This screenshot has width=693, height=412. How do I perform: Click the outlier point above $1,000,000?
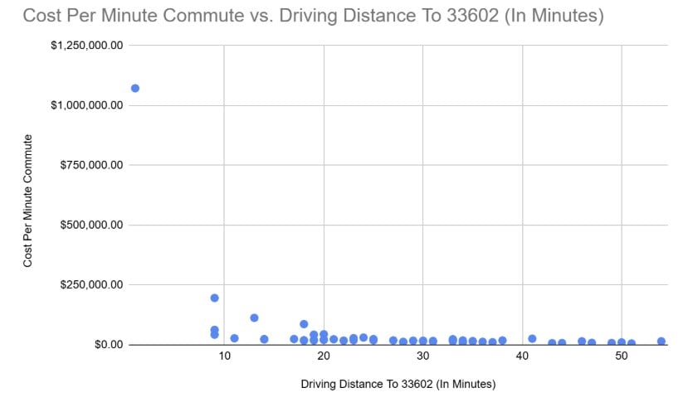click(x=135, y=88)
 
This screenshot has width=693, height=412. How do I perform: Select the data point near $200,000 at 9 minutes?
click(x=214, y=298)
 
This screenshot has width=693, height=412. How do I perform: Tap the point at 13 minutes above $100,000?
click(x=254, y=317)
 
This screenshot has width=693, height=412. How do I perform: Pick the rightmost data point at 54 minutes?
click(x=661, y=341)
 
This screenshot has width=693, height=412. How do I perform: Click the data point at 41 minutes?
click(x=532, y=338)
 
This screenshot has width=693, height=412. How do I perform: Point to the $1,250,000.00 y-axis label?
click(x=87, y=46)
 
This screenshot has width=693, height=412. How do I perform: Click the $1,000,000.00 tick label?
click(x=87, y=105)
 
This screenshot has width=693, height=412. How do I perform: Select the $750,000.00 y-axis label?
click(x=92, y=165)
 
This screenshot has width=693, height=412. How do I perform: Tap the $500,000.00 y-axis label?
click(x=92, y=225)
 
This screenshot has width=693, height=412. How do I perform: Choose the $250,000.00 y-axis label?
click(x=92, y=284)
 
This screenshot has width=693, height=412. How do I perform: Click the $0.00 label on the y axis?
click(x=106, y=344)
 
